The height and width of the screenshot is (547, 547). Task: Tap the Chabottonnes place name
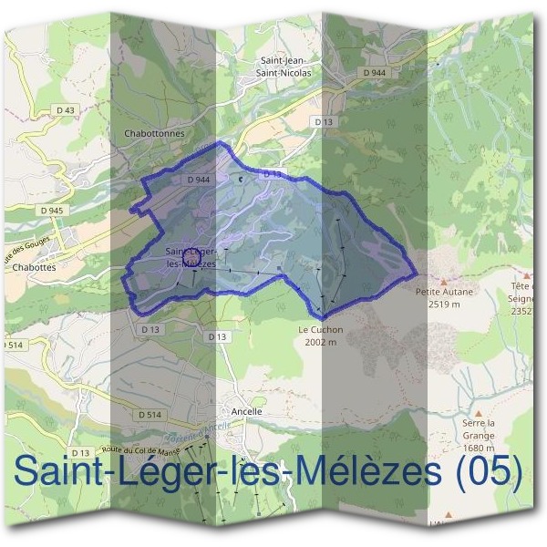pos(153,132)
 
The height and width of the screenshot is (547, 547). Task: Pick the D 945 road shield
pos(53,211)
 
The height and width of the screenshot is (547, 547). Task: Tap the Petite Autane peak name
pos(446,293)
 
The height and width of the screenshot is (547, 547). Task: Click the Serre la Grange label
pos(478,428)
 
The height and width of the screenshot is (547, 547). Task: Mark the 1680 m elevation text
pos(478,448)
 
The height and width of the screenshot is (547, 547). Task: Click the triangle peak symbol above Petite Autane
pos(445,282)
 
